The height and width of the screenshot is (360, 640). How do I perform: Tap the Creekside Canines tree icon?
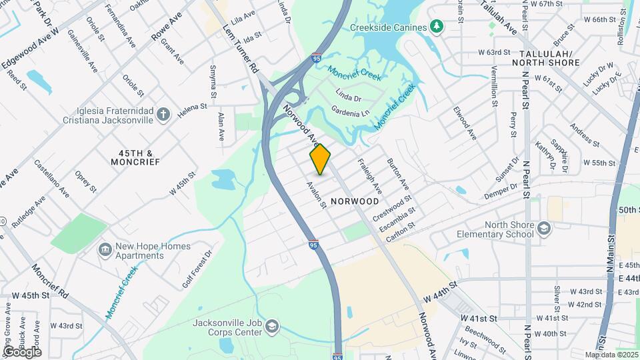pyautogui.click(x=437, y=27)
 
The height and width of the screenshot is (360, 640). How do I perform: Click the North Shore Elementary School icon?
pyautogui.click(x=544, y=229)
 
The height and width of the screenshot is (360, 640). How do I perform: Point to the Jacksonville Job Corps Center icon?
pyautogui.click(x=271, y=327)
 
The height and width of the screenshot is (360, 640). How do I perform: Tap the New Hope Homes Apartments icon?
pyautogui.click(x=105, y=250)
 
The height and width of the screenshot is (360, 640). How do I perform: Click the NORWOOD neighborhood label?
pyautogui.click(x=354, y=201)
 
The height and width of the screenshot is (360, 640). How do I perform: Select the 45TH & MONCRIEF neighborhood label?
pyautogui.click(x=136, y=157)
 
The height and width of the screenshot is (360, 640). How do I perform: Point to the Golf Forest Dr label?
pyautogui.click(x=197, y=270)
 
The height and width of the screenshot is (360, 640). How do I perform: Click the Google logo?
pyautogui.click(x=21, y=351)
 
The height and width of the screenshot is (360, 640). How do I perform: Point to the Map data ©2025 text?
pyautogui.click(x=611, y=355)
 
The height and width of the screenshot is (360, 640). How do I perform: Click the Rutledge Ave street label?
pyautogui.click(x=31, y=211)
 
